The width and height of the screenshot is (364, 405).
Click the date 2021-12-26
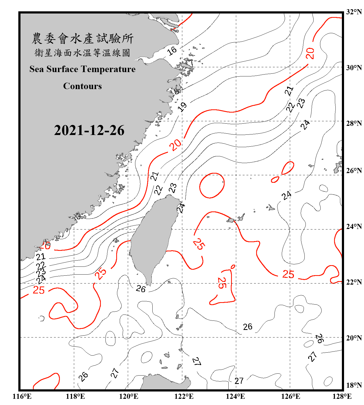[x=89, y=130]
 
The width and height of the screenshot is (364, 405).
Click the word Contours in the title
[x=82, y=86]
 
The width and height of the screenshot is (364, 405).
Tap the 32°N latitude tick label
[x=354, y=12]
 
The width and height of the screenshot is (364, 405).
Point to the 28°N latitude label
[x=354, y=123]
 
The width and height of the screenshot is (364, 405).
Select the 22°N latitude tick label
[x=354, y=282]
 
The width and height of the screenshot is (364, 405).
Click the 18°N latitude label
[x=354, y=385]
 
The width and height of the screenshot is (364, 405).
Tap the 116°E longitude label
[x=22, y=396]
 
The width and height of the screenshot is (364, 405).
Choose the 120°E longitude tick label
[x=129, y=396]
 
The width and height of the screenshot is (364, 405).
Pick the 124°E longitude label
[x=235, y=396]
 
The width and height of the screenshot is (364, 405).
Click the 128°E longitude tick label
[x=342, y=396]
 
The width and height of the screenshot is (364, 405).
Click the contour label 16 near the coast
[x=172, y=50]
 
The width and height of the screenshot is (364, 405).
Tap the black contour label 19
[x=183, y=107]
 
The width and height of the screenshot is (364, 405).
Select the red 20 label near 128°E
[x=310, y=53]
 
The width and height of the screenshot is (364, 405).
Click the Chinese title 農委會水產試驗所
[x=83, y=38]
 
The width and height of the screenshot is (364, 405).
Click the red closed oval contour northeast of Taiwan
[x=212, y=185]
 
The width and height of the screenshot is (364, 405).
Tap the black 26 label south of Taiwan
[x=141, y=289]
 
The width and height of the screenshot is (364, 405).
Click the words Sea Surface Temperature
[x=82, y=69]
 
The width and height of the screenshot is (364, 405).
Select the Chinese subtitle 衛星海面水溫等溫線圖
[x=82, y=53]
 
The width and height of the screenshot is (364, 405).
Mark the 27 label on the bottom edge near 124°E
[x=239, y=381]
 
